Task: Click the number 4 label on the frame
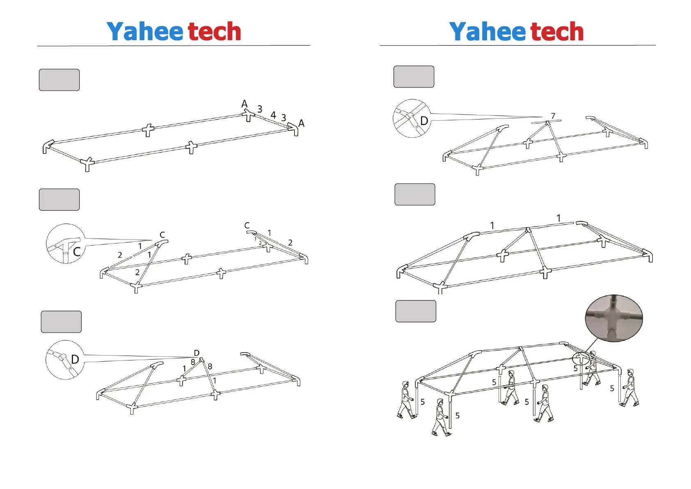click(x=273, y=115)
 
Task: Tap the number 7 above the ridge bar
click(x=553, y=116)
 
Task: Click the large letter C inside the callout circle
click(x=76, y=251)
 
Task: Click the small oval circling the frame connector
click(x=581, y=359)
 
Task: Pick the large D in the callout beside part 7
click(x=424, y=121)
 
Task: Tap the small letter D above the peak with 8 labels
click(x=197, y=353)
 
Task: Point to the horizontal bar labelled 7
click(x=546, y=121)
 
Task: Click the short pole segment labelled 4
click(x=270, y=120)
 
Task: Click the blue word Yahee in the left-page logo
click(x=144, y=32)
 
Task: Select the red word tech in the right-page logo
click(x=557, y=32)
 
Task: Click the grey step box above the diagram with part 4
click(x=59, y=80)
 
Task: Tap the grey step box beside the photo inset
click(x=416, y=311)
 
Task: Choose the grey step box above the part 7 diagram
click(x=414, y=77)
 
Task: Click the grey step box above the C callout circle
click(x=59, y=200)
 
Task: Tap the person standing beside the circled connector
click(x=592, y=368)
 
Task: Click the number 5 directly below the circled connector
click(x=576, y=369)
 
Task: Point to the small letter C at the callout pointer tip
click(x=162, y=235)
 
